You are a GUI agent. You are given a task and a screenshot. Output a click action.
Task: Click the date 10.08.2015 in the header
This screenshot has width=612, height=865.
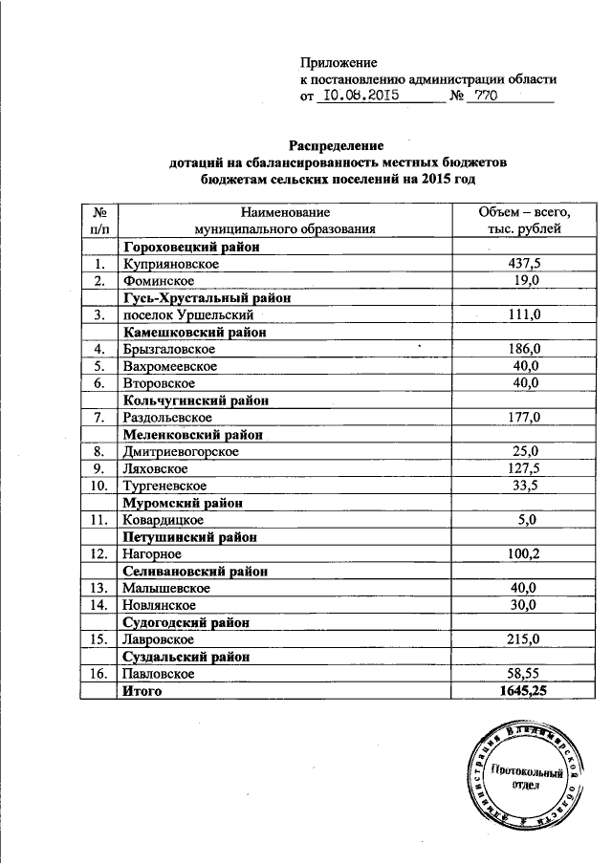click(x=361, y=96)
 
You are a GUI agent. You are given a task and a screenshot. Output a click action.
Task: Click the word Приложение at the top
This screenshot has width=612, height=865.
click(x=339, y=62)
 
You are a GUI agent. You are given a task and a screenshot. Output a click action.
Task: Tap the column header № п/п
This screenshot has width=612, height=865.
click(x=98, y=220)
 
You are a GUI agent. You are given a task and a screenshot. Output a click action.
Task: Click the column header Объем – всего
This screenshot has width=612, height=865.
click(x=525, y=211)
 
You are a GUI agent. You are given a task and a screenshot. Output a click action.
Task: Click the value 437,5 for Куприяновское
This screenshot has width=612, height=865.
click(x=525, y=263)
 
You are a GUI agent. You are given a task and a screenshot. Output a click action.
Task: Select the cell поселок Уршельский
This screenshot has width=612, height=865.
click(x=186, y=314)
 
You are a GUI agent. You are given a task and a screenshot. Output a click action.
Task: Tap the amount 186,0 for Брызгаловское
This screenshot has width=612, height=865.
click(x=525, y=349)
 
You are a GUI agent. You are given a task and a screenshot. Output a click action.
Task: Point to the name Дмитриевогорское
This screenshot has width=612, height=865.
click(x=180, y=451)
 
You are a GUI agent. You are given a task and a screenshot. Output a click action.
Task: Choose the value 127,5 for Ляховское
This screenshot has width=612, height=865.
click(x=525, y=468)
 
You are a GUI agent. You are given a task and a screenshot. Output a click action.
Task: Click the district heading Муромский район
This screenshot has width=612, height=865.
click(x=182, y=503)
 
